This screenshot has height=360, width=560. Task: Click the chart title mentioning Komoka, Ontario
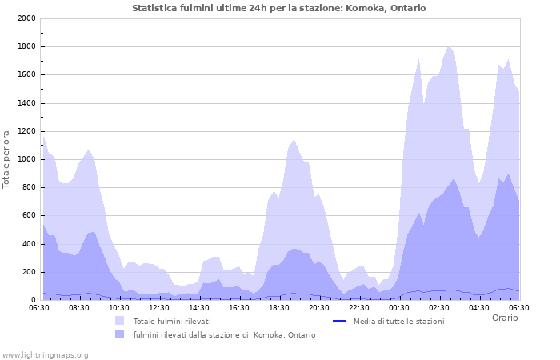pos(278,8)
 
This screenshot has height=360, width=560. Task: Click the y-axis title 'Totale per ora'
pos(7,158)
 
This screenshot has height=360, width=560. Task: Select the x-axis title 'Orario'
pos(504,318)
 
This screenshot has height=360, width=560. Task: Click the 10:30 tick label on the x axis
pos(119,307)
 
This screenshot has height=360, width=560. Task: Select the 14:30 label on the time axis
pos(199,307)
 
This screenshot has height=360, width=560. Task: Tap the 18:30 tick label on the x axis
pos(279,307)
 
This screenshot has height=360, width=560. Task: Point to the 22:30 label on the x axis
pos(359,307)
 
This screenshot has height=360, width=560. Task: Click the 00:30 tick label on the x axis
pos(399,307)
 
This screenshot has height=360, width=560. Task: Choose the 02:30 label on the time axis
pos(439,307)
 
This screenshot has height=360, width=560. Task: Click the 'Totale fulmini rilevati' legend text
pos(172,321)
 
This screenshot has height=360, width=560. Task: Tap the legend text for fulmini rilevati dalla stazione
pos(224,334)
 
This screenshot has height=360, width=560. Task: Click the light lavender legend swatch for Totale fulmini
pos(120,321)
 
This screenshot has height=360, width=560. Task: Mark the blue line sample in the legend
pos(339,321)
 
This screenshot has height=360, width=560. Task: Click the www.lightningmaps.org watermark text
pos(45,354)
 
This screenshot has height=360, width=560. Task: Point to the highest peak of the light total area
pos(449,46)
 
